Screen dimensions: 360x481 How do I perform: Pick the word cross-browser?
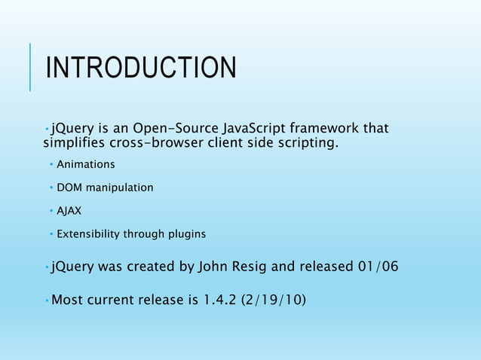coord(158,143)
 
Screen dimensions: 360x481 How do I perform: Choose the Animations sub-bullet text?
coord(86,164)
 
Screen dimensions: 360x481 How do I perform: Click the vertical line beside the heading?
coord(30,66)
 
